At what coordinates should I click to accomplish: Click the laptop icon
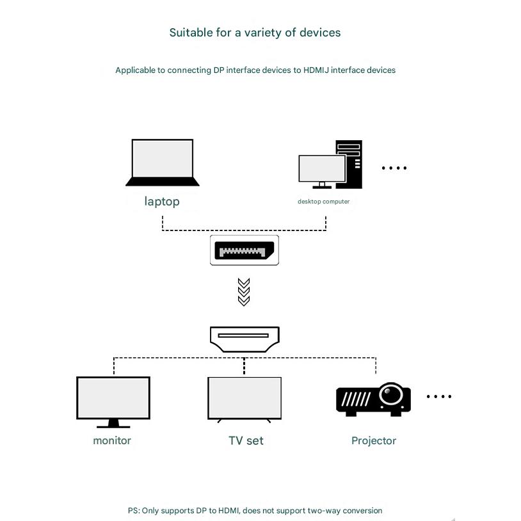pos(162,163)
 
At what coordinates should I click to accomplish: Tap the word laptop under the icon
pos(162,202)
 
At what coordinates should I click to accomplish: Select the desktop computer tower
pos(350,164)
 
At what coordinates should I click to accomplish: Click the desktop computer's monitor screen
pos(321,168)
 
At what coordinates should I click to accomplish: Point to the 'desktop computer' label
pos(323,202)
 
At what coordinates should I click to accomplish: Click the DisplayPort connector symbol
pos(244,250)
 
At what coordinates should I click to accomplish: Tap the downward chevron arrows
pos(243,292)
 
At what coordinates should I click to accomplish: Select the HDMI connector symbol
pos(244,339)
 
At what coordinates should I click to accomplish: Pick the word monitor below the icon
pos(112,440)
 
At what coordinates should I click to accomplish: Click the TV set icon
pos(244,399)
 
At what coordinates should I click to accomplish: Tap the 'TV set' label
pos(246,441)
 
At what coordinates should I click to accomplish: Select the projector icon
pos(373,399)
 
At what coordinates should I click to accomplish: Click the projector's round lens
pos(390,395)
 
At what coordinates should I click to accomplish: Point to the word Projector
pos(374,441)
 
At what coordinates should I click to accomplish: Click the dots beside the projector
pos(438,397)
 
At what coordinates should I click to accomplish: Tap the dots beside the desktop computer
pos(394,168)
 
